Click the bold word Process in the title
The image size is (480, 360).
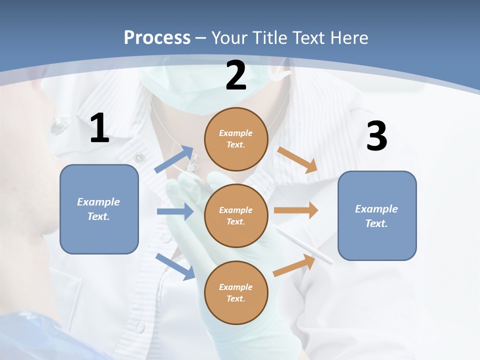157,38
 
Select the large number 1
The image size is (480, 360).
99,129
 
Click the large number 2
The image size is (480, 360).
236,76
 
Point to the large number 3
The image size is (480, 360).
376,136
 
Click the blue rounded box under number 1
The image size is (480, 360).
99,209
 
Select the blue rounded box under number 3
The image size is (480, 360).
377,215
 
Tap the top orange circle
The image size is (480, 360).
236,139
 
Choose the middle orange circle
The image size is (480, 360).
236,215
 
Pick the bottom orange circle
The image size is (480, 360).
236,292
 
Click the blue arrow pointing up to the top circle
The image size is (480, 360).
174,159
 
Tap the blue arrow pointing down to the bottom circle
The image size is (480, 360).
175,266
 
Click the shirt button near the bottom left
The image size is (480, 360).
140,327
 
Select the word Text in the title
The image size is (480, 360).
306,38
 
